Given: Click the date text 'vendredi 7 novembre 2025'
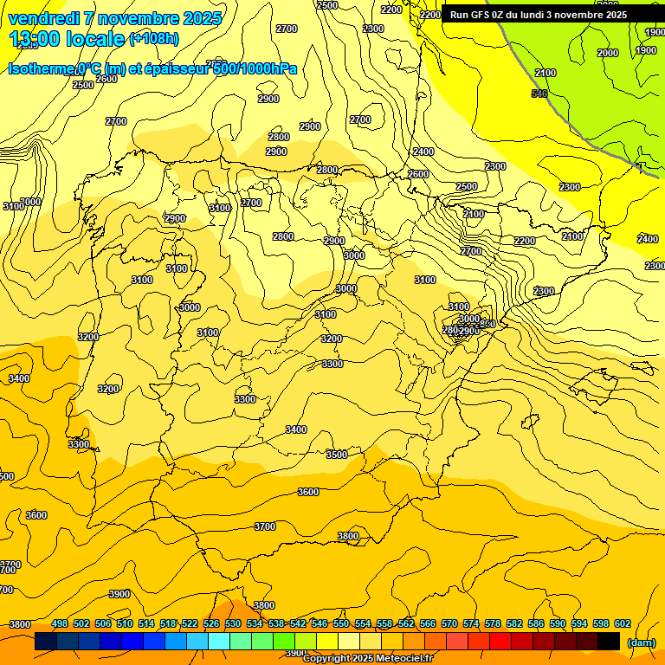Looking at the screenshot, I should [x=114, y=18].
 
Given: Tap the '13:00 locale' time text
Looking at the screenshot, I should [x=68, y=38].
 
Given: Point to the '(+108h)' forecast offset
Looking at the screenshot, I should [x=154, y=38].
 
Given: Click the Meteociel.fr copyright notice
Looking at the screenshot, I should [x=368, y=659].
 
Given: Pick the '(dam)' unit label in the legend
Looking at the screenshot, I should [x=642, y=642].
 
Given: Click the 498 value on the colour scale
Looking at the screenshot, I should [x=60, y=623].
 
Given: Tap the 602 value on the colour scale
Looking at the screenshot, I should [x=623, y=623].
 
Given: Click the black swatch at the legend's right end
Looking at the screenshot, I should [x=609, y=641].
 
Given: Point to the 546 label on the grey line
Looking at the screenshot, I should [x=539, y=94].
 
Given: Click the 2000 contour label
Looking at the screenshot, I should [x=608, y=53].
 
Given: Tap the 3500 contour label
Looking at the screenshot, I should [x=336, y=455].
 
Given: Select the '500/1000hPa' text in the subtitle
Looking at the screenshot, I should [x=255, y=68].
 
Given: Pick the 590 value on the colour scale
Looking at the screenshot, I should [x=558, y=623].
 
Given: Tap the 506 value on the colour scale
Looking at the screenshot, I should [x=103, y=623].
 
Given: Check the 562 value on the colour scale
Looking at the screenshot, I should [x=406, y=623].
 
